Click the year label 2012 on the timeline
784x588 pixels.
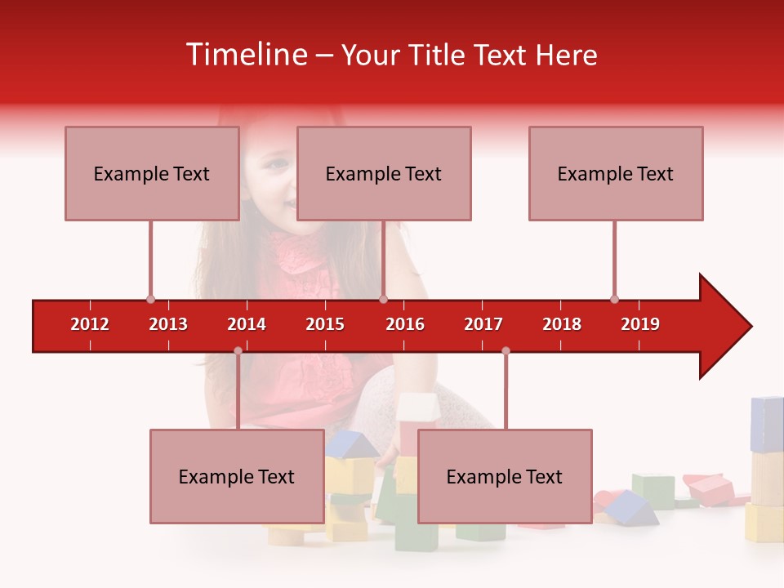tap(90, 324)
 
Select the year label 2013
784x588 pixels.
tap(168, 324)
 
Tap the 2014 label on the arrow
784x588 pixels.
tap(247, 324)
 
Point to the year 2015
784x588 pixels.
tap(325, 324)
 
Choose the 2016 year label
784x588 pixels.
tap(405, 324)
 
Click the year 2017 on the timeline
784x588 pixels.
tap(483, 324)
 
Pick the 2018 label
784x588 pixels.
tap(562, 324)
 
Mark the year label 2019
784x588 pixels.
tap(640, 324)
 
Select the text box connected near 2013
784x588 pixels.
tap(152, 173)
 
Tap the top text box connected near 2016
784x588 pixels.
tap(384, 173)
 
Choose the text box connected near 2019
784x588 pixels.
tap(616, 173)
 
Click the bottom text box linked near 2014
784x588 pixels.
tap(237, 476)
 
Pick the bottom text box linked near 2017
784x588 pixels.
tap(505, 476)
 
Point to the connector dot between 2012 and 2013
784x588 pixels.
tap(150, 299)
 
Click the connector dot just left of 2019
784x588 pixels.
tap(614, 299)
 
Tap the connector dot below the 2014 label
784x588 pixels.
tap(238, 350)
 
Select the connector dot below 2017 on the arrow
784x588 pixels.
tap(506, 350)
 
